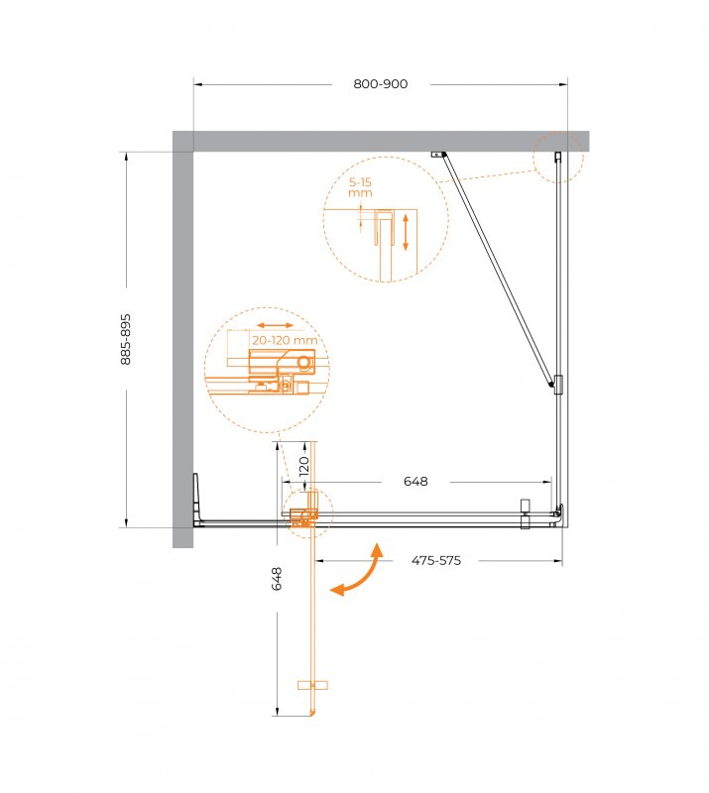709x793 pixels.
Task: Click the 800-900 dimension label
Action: [x=380, y=84]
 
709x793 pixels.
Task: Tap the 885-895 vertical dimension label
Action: [x=126, y=339]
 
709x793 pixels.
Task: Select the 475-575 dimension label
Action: [x=436, y=560]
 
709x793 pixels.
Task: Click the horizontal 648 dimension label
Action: [x=415, y=481]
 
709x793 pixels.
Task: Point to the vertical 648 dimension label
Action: [x=277, y=579]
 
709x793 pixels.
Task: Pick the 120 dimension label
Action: [x=303, y=466]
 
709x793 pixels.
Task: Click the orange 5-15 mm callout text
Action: [x=360, y=187]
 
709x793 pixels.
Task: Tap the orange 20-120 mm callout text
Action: [x=285, y=340]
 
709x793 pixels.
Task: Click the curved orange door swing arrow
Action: [x=357, y=571]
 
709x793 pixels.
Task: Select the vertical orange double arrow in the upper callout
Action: [x=405, y=232]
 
